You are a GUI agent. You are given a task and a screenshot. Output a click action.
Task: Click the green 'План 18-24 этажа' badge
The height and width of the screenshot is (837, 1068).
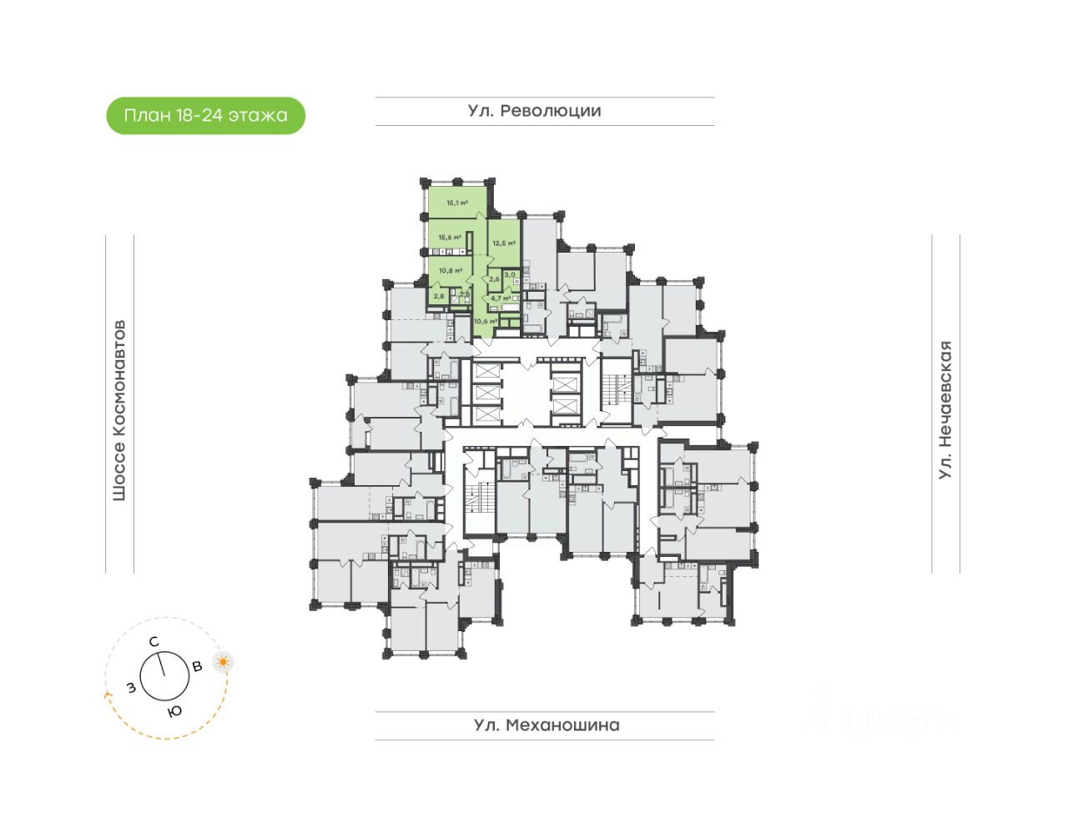(205, 116)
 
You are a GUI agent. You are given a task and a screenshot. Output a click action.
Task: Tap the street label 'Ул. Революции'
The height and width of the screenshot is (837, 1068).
(534, 111)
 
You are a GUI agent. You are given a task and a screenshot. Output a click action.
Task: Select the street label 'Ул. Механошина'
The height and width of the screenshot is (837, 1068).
(547, 725)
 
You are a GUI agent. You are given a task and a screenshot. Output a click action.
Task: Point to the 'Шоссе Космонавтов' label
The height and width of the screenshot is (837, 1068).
(119, 409)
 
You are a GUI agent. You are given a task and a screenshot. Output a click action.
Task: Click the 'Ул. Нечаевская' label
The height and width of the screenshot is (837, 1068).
(945, 409)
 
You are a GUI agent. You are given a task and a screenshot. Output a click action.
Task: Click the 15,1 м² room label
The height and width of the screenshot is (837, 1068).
(456, 203)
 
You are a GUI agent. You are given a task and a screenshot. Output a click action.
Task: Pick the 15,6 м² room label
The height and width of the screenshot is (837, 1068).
(450, 238)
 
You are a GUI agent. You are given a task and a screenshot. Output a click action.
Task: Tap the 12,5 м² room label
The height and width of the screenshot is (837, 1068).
(503, 243)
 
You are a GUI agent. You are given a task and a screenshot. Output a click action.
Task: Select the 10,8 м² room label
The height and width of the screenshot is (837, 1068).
(451, 270)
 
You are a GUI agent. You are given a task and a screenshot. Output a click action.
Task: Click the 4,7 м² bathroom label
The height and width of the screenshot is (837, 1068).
(501, 298)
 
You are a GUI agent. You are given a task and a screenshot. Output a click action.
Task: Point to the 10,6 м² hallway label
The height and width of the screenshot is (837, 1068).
(486, 321)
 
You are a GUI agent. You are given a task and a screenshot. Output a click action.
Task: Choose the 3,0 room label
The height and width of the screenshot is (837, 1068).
(510, 274)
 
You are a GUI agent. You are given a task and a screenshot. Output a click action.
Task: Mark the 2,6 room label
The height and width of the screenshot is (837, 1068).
(494, 279)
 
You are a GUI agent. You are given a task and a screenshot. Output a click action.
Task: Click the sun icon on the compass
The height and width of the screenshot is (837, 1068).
(223, 663)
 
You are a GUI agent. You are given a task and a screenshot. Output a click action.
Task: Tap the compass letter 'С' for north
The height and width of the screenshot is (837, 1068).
(154, 642)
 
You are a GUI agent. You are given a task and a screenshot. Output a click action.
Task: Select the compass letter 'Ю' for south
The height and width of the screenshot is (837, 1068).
(174, 711)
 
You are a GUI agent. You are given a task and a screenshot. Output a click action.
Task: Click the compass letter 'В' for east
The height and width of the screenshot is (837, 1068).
(198, 666)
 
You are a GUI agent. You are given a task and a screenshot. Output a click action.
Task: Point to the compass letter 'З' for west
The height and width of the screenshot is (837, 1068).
(131, 688)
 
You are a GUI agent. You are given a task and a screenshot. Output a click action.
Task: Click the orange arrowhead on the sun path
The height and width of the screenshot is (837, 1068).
(107, 693)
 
